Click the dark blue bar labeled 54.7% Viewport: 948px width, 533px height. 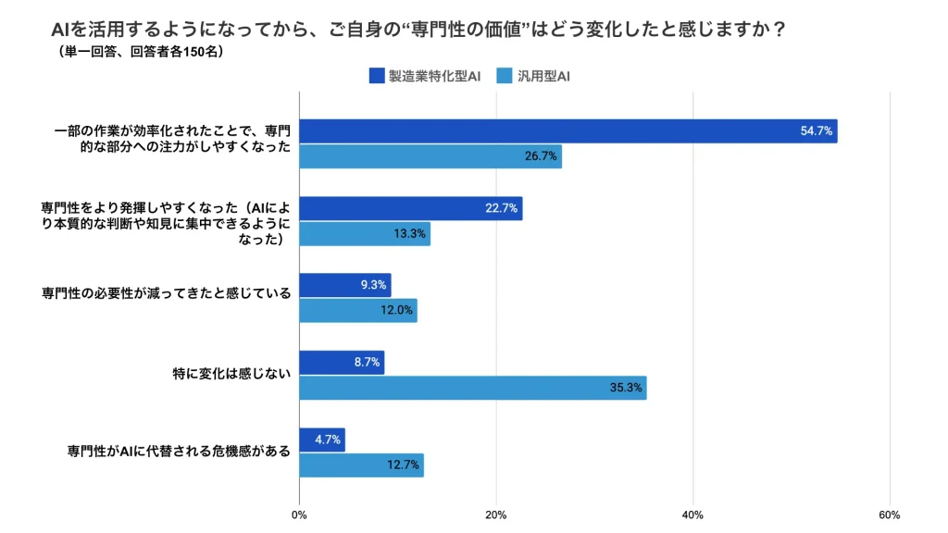click(568, 131)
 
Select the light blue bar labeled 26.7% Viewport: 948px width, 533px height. click(430, 156)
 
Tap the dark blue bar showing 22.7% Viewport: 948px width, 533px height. click(411, 208)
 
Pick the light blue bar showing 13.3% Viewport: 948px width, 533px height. click(365, 234)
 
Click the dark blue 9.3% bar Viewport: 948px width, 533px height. click(345, 285)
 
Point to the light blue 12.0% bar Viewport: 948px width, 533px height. click(358, 310)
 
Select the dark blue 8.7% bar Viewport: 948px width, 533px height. click(342, 363)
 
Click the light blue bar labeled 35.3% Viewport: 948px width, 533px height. click(473, 388)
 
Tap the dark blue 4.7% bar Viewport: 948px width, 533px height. click(322, 440)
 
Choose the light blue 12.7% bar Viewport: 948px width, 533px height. click(362, 465)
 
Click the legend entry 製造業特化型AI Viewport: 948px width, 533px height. click(425, 76)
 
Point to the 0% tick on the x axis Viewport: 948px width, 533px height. click(299, 514)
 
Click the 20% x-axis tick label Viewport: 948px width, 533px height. click(496, 514)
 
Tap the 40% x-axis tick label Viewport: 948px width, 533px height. click(692, 514)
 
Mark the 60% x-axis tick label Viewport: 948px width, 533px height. click(889, 514)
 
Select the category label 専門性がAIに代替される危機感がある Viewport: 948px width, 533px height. click(179, 452)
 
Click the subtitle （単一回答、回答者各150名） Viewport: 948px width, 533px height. click(139, 52)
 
